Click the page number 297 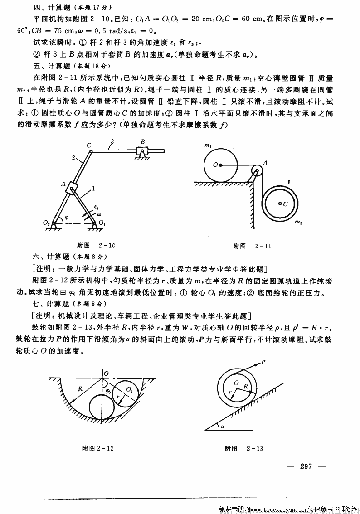[306, 467]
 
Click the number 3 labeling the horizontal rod [112, 142]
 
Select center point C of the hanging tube [281, 204]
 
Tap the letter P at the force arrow [263, 361]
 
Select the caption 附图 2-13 [244, 449]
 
